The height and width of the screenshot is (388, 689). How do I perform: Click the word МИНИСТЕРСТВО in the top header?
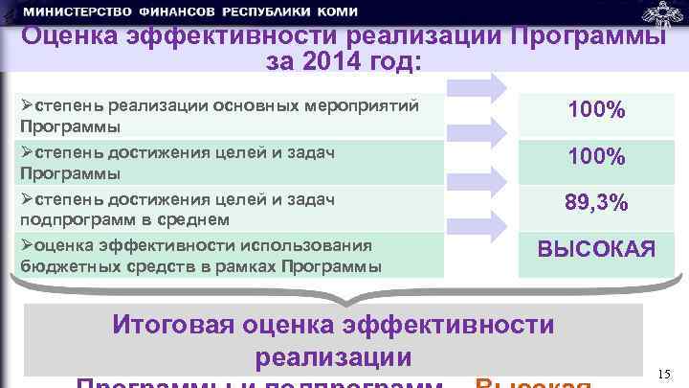pos(76,11)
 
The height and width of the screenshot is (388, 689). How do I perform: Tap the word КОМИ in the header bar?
pos(335,11)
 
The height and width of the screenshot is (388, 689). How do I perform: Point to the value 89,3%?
pos(596,203)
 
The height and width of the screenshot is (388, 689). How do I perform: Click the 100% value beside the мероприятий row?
pos(596,111)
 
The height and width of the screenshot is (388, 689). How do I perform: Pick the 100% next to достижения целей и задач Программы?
pos(596,156)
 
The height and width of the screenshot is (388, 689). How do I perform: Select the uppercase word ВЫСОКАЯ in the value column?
pos(596,250)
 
